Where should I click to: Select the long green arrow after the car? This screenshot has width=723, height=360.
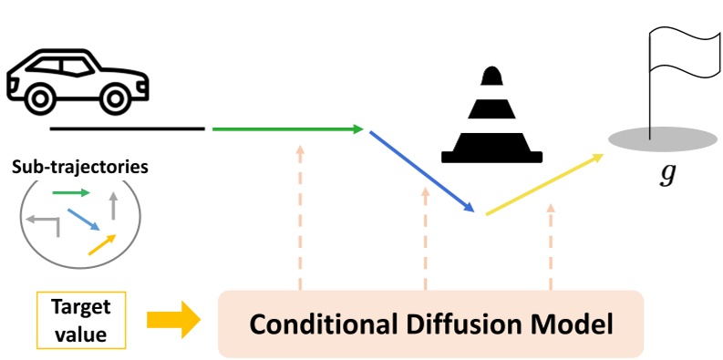click(287, 129)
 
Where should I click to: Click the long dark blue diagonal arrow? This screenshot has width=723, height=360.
click(422, 170)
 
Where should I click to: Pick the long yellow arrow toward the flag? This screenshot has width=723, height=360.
click(544, 185)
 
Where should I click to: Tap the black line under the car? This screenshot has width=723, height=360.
click(127, 129)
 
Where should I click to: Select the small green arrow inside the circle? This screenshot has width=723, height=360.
click(70, 192)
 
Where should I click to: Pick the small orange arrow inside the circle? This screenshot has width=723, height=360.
click(102, 243)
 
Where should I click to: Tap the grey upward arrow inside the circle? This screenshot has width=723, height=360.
click(114, 204)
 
